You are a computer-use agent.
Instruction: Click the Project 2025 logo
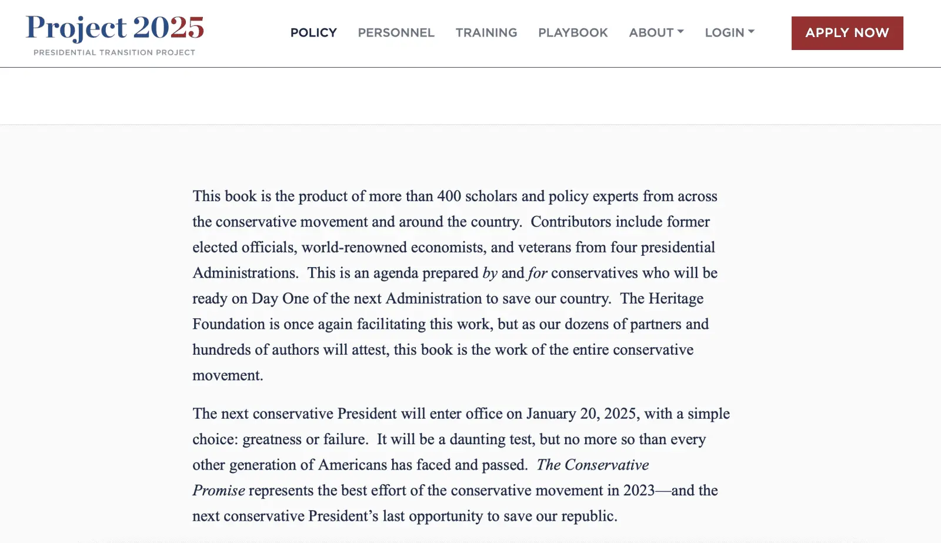point(115,28)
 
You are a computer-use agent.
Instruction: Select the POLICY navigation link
point(313,33)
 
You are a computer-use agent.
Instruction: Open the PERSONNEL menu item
point(396,33)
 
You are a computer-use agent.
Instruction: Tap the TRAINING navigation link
point(486,33)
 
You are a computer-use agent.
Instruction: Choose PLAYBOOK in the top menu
point(573,33)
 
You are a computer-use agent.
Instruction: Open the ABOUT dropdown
point(656,33)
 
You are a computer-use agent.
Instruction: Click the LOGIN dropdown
point(729,33)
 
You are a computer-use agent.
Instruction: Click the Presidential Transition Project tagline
point(114,52)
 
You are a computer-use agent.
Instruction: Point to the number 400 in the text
point(449,196)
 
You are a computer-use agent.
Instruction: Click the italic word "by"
point(490,273)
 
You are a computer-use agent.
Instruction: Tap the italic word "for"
point(538,273)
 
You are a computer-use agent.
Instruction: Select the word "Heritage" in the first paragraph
point(676,299)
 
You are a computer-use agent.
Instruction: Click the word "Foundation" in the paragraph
point(229,324)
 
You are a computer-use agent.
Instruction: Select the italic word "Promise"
point(219,491)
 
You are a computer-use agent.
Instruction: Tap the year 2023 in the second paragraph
point(639,491)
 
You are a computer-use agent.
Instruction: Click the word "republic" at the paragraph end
point(588,517)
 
